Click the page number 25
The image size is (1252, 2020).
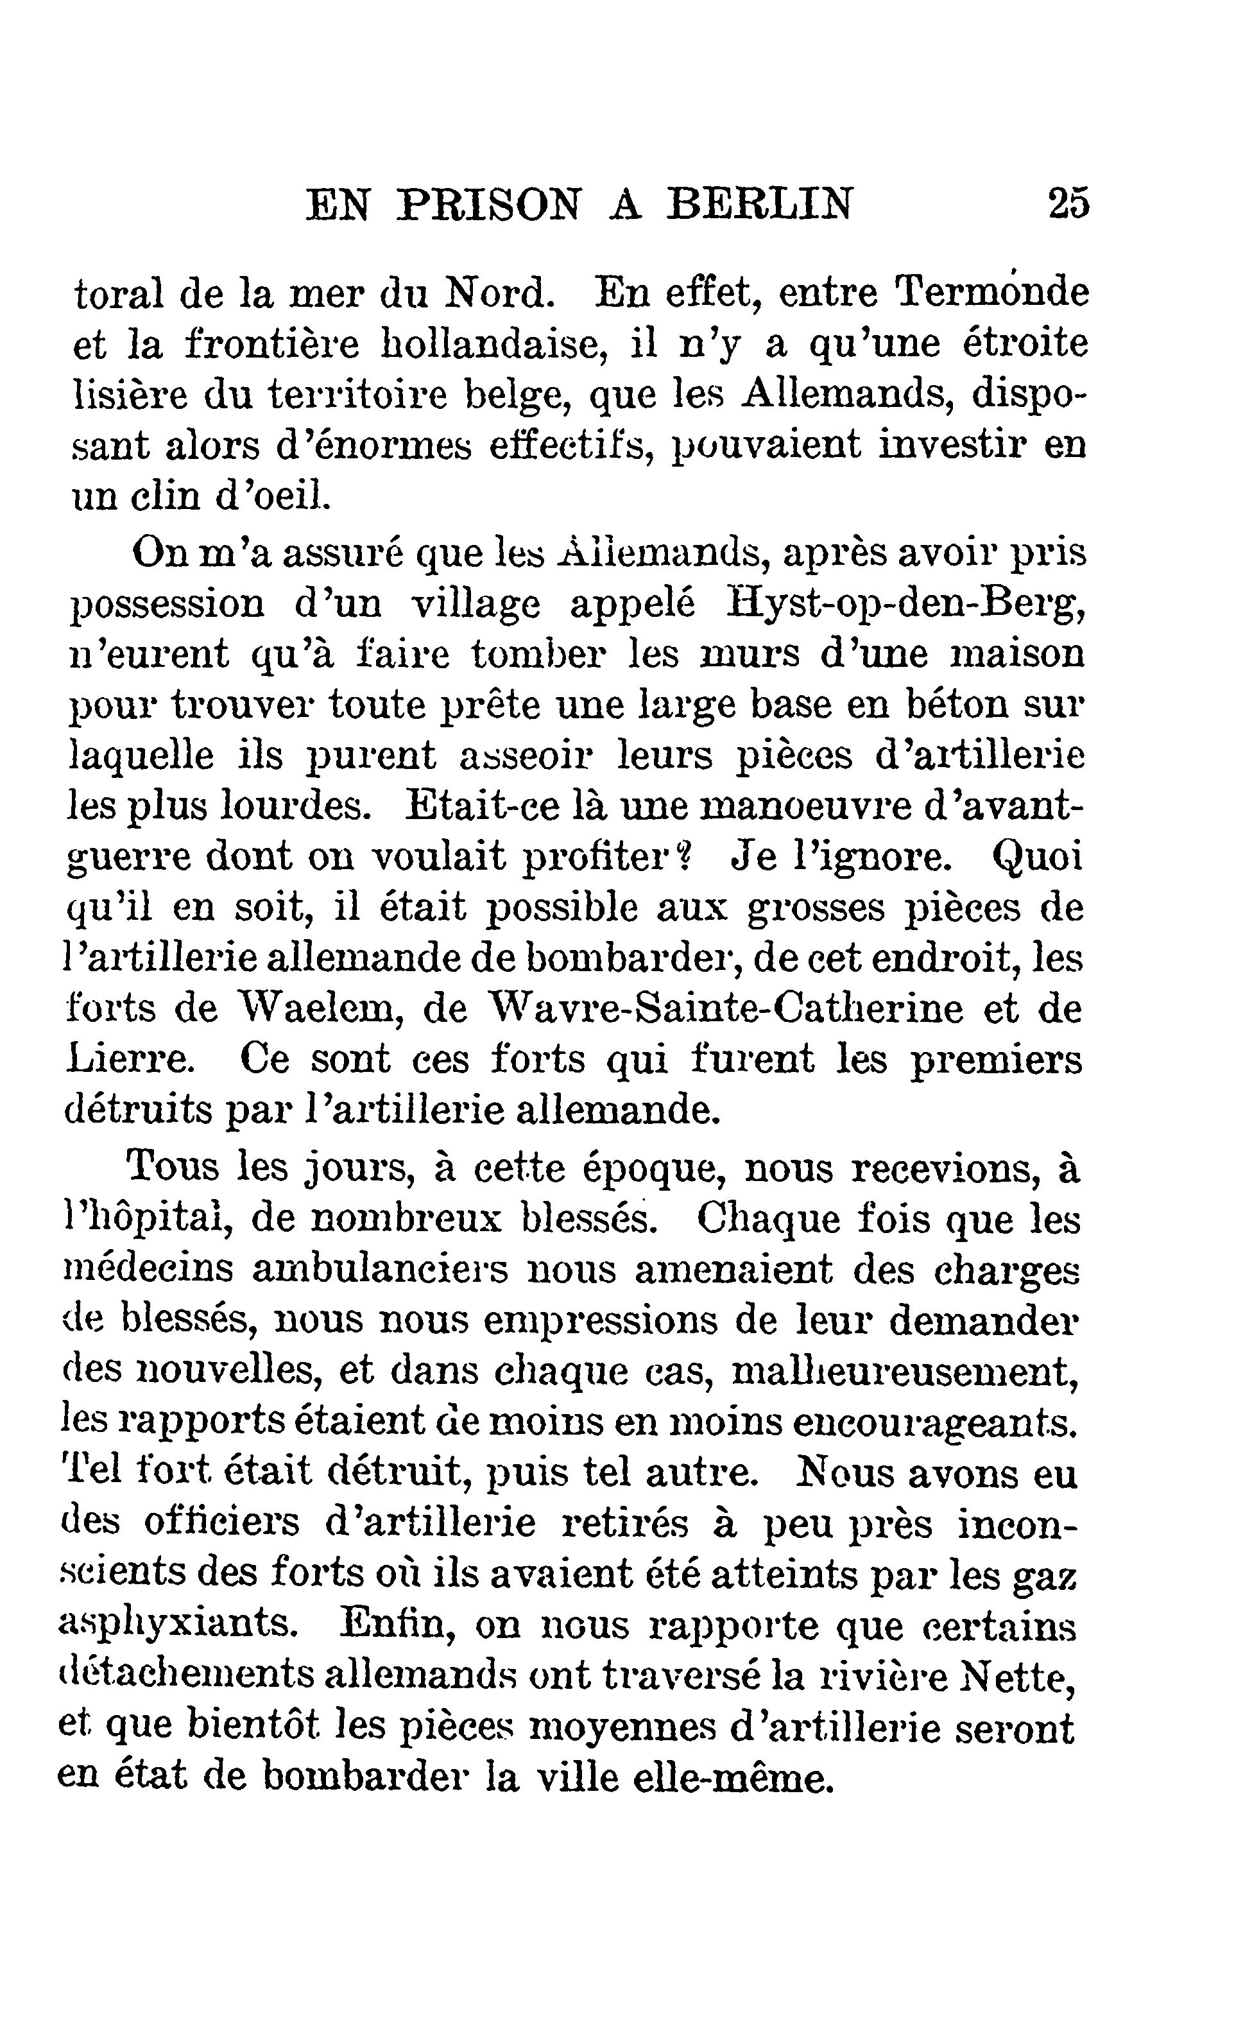[1069, 203]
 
